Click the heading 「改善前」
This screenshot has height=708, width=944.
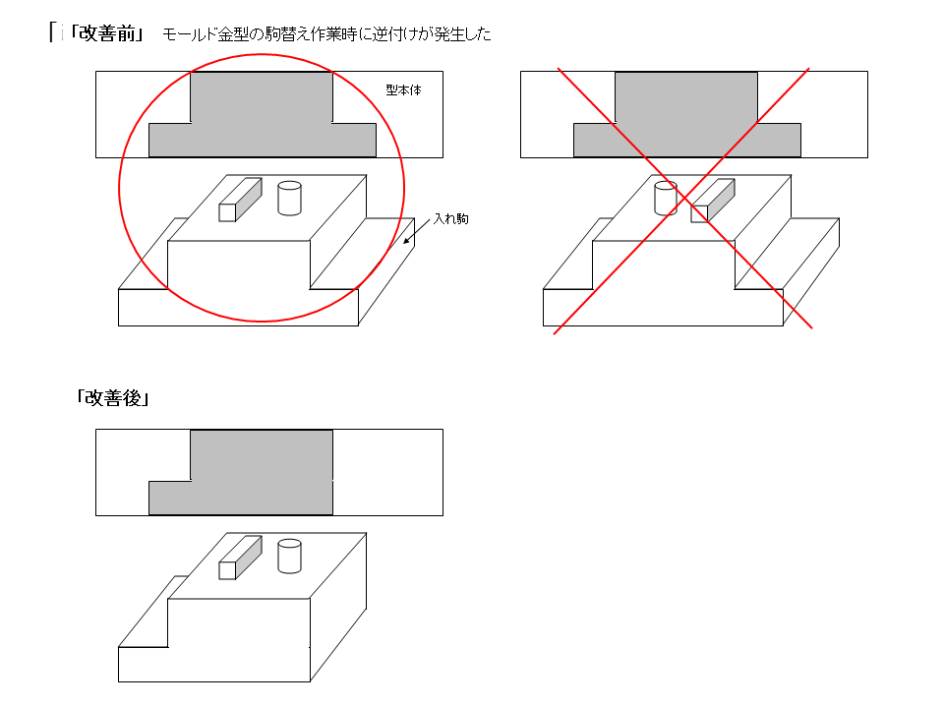click(107, 33)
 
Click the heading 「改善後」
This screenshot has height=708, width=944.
click(112, 398)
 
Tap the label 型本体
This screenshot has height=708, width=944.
click(403, 90)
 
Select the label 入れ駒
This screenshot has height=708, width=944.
click(451, 219)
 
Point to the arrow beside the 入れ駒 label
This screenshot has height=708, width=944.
click(417, 231)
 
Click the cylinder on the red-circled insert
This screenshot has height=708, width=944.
click(289, 198)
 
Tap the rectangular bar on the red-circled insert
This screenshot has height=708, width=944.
click(240, 200)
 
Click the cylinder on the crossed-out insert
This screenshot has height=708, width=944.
click(666, 198)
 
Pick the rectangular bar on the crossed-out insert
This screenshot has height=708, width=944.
click(713, 201)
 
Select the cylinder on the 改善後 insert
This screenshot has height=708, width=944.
click(289, 556)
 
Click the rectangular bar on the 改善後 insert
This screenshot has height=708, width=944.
click(240, 558)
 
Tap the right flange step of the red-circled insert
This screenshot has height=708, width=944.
click(363, 254)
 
